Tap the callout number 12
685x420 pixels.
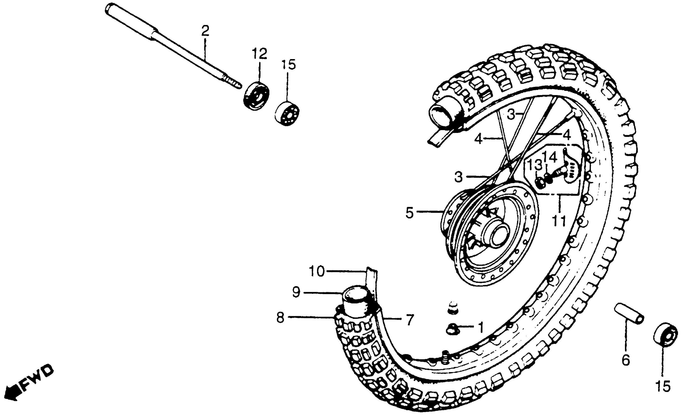point(259,54)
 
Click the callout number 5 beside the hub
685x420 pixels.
point(410,213)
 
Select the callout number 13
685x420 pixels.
point(535,165)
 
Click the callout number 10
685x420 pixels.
point(317,271)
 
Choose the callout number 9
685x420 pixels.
point(296,293)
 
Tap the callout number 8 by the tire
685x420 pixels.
point(281,318)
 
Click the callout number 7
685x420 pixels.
point(410,319)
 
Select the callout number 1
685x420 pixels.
point(481,327)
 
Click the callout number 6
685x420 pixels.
point(625,361)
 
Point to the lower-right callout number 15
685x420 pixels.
point(663,386)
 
